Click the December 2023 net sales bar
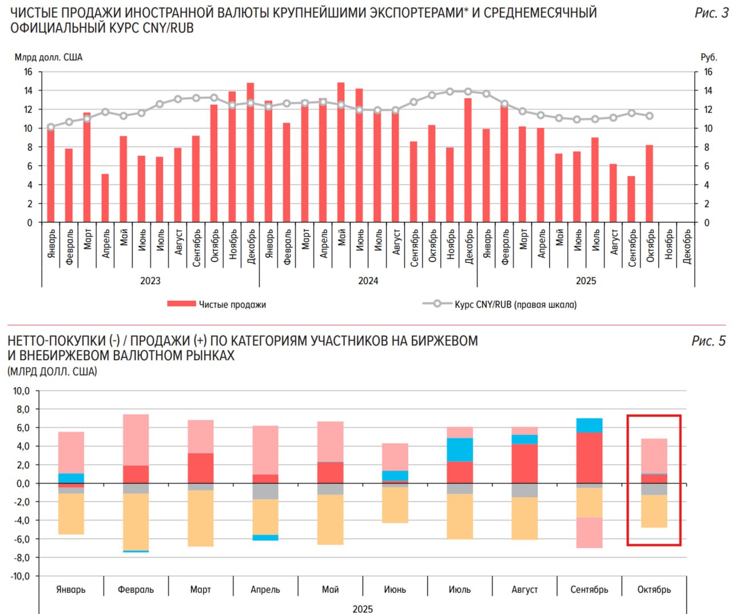pos(250,153)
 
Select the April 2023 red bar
pos(105,198)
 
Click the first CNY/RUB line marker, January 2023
pos(51,127)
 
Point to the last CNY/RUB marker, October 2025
pos(650,116)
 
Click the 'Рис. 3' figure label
pos(711,13)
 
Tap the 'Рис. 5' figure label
pos(708,341)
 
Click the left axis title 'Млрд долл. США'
pos(49,57)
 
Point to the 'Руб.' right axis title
pos(709,57)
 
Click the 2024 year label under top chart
pos(368,281)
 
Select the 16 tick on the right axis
pos(708,72)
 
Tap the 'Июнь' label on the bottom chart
pos(395,589)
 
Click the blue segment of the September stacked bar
pos(590,425)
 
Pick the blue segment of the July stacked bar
pos(460,449)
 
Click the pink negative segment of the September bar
pos(590,532)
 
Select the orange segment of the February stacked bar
pos(136,521)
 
